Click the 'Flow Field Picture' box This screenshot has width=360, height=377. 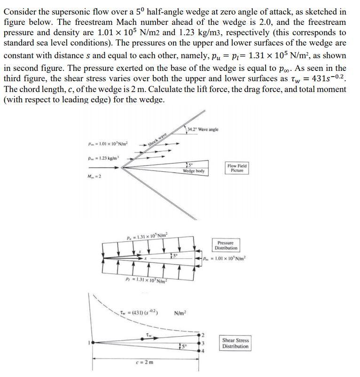point(237,168)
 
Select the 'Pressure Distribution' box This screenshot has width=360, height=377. point(226,245)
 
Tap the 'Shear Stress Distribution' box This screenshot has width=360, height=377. point(235,343)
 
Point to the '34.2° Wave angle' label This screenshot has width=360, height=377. point(203,130)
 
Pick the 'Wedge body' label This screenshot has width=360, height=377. point(194,171)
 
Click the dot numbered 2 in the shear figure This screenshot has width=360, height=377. point(202,334)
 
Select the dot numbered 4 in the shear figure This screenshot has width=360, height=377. point(202,351)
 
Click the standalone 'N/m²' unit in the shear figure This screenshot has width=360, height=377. point(181,313)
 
